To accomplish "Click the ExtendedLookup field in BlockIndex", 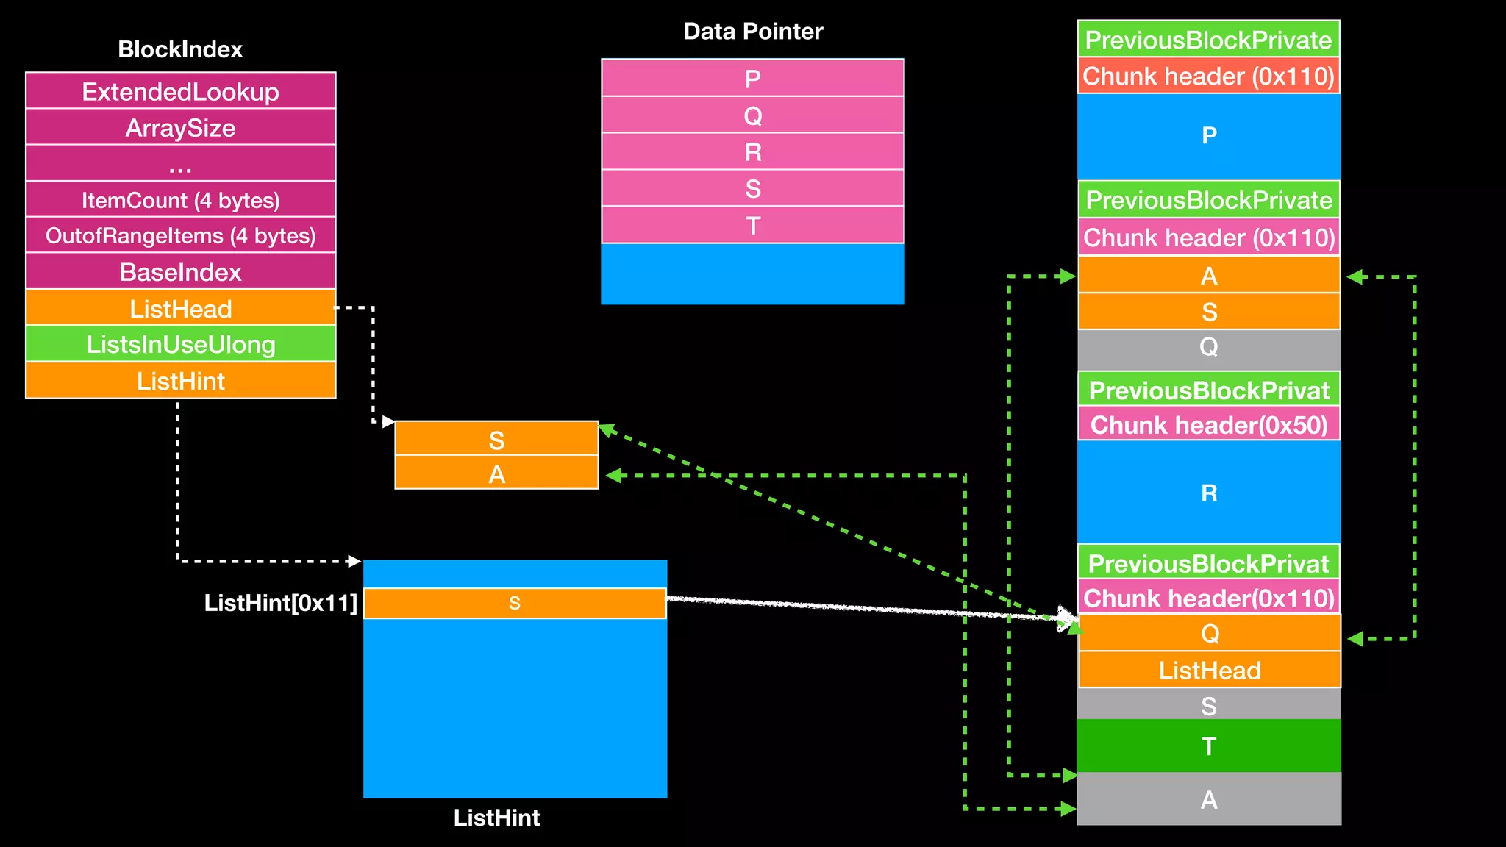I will [x=180, y=91].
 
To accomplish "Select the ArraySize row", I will [x=180, y=128].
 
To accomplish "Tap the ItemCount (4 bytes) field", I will [x=180, y=200].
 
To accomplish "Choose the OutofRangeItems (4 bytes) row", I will [x=180, y=236].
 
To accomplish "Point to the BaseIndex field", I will [x=180, y=272].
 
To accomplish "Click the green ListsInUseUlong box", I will [x=180, y=344].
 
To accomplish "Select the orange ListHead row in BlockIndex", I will [x=180, y=309].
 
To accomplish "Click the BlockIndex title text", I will [x=180, y=49].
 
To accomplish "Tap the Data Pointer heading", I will [x=752, y=31].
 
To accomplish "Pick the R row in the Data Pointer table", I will [x=752, y=152].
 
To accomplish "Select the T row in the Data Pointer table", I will [x=752, y=225].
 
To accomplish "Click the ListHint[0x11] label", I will [x=280, y=603].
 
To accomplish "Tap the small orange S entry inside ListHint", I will [x=515, y=604].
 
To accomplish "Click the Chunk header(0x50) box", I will [x=1209, y=425].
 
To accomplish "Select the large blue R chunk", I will [x=1209, y=493].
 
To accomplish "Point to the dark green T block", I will [x=1209, y=746].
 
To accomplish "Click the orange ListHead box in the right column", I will [x=1209, y=671].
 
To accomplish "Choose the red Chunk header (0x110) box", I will [x=1208, y=76].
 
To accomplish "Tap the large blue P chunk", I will [x=1209, y=136].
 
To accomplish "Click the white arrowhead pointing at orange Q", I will [x=1066, y=618].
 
